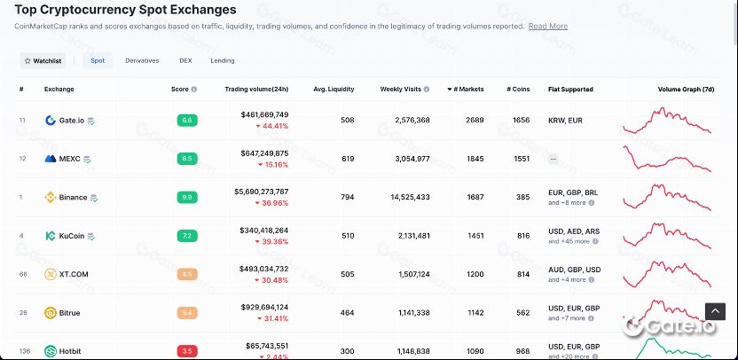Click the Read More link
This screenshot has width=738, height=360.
click(547, 27)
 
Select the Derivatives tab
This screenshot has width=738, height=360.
click(142, 60)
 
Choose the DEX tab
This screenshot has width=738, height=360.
click(185, 60)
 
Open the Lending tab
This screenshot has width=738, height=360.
click(223, 60)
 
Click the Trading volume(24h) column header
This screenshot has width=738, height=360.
click(256, 90)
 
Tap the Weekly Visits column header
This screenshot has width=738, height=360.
click(402, 90)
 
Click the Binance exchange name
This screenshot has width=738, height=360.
click(73, 197)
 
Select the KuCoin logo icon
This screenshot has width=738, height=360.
click(51, 236)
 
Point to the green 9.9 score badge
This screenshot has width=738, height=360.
click(186, 197)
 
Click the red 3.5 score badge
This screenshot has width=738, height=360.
click(186, 351)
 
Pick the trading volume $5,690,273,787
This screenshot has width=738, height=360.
click(261, 191)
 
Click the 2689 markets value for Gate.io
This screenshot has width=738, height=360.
click(475, 120)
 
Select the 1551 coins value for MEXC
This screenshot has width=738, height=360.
click(521, 159)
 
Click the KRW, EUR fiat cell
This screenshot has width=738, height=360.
click(565, 120)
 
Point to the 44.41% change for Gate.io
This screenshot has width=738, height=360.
click(271, 126)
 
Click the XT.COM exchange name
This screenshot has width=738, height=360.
click(74, 274)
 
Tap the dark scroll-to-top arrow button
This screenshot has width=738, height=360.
click(715, 311)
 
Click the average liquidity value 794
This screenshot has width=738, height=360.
click(347, 197)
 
